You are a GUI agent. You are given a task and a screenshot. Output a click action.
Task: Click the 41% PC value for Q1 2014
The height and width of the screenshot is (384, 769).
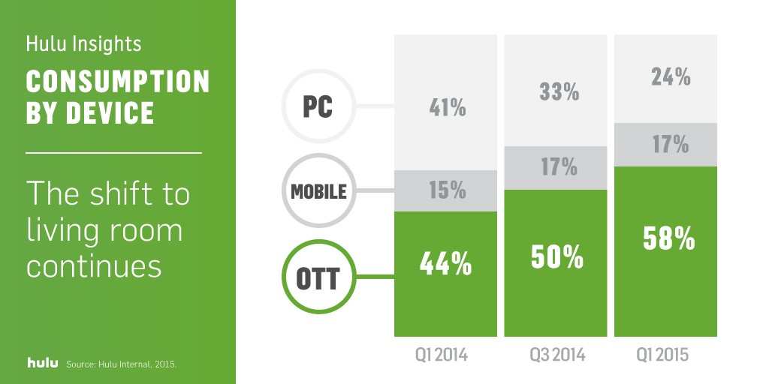[x=448, y=108]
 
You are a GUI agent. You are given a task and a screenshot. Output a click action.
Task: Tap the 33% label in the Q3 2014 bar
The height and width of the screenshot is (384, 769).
[x=559, y=91]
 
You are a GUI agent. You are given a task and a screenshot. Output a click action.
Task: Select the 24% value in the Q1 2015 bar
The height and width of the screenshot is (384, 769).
[x=671, y=77]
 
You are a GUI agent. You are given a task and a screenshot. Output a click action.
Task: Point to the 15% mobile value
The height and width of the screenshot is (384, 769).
[x=448, y=190]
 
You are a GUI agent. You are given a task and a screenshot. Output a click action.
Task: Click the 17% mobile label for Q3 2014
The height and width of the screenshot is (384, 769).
[x=559, y=167]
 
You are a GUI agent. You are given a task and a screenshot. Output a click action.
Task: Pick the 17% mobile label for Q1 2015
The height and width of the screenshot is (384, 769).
[x=671, y=145]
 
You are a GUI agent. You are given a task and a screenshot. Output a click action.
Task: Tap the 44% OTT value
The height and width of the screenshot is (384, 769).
[x=445, y=265]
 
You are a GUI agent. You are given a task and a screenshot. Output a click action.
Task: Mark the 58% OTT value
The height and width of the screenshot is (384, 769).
[x=668, y=239]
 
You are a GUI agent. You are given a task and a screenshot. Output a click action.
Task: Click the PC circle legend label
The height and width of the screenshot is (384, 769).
[x=318, y=106]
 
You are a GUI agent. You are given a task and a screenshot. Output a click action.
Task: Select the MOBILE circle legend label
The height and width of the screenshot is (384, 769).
[x=318, y=191]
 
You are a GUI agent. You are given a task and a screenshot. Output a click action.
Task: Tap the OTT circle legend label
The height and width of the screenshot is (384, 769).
[x=318, y=277]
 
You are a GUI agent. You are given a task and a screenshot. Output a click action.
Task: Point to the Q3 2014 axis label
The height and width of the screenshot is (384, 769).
[x=558, y=355]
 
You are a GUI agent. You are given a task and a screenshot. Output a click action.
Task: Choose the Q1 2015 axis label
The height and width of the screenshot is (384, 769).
[x=662, y=355]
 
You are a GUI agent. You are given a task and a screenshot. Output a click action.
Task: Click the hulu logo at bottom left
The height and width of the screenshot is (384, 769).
[x=42, y=363]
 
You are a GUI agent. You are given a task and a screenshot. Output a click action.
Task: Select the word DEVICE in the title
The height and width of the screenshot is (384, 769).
[x=110, y=112]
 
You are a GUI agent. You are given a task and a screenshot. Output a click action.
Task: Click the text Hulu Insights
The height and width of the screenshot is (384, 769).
[x=84, y=43]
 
